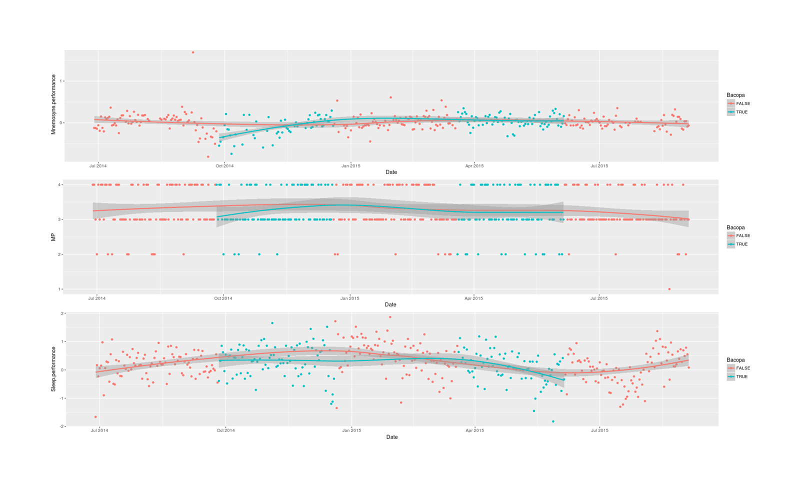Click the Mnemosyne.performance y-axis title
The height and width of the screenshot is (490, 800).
(x=53, y=104)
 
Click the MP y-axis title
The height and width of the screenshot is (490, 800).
(x=53, y=237)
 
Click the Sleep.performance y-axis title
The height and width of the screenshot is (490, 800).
(x=53, y=369)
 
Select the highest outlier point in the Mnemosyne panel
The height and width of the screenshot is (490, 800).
(x=193, y=52)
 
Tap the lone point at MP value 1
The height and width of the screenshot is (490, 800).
(x=669, y=289)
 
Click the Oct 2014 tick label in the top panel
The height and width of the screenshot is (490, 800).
(x=224, y=166)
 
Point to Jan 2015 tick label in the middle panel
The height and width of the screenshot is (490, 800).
(x=350, y=298)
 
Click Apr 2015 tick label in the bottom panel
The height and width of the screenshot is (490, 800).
(x=474, y=430)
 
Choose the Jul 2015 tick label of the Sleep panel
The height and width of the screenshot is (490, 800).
(x=599, y=430)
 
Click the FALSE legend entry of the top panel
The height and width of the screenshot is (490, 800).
(x=743, y=103)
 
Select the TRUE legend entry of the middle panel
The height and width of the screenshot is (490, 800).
(x=742, y=244)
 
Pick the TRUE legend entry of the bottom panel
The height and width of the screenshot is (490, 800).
(x=742, y=377)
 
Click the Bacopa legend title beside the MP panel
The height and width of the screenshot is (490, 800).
(x=735, y=227)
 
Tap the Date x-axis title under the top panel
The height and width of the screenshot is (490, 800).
(x=391, y=172)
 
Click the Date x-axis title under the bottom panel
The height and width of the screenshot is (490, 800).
(x=391, y=437)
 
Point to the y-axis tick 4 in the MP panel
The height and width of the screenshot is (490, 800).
(x=59, y=185)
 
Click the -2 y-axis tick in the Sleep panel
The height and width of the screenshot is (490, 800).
(x=61, y=426)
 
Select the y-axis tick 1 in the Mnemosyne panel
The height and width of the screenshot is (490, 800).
(x=61, y=81)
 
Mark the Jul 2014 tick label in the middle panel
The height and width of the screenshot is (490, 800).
(x=97, y=298)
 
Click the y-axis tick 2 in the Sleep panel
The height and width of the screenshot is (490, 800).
(x=62, y=313)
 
